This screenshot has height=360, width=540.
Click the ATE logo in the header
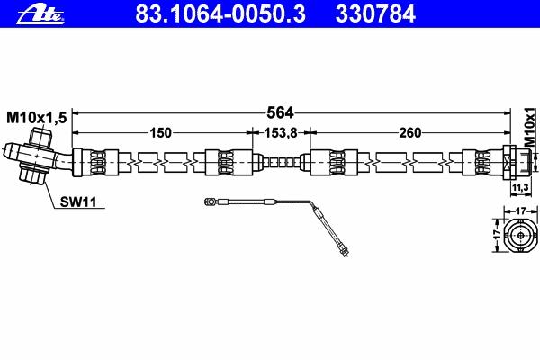(40, 15)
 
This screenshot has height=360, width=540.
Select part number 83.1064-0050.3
(220, 14)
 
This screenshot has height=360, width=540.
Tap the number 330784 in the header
(375, 14)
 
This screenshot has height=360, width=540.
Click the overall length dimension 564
(280, 112)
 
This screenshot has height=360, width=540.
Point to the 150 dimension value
(160, 132)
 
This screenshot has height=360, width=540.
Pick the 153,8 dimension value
(280, 132)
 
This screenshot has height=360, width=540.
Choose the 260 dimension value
(410, 132)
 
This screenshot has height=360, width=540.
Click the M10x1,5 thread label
(37, 118)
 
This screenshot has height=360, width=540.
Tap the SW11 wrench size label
(78, 202)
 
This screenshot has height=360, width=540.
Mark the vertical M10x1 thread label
(530, 127)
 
